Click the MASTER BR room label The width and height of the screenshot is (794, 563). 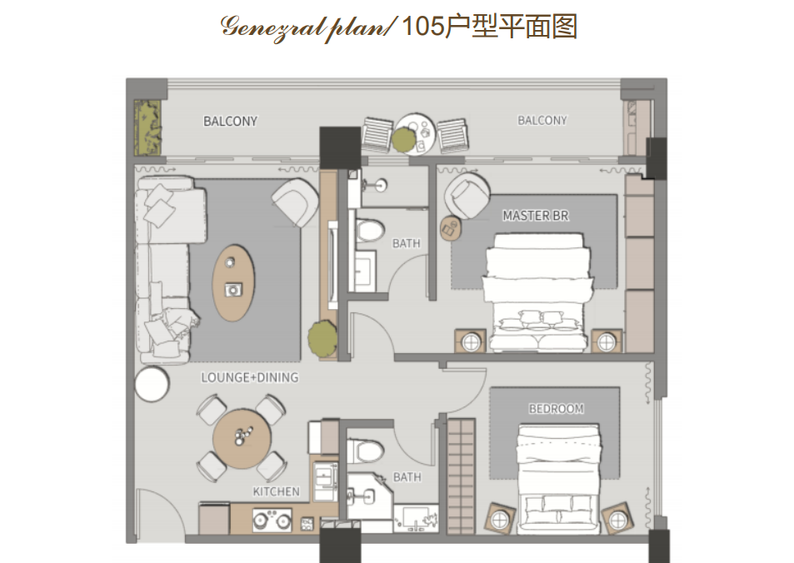(x=535, y=216)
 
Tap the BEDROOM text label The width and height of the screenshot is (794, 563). (x=556, y=409)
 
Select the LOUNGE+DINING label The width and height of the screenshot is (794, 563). (x=250, y=377)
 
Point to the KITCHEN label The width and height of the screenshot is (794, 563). (x=276, y=491)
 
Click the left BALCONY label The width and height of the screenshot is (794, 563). (x=231, y=122)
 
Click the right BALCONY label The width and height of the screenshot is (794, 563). (x=542, y=121)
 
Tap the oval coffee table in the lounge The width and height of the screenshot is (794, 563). (x=233, y=283)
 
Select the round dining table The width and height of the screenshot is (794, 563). (x=242, y=438)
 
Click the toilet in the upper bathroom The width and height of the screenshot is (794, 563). (x=370, y=232)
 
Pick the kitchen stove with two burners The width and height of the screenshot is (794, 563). (x=272, y=520)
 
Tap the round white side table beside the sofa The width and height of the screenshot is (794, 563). (x=152, y=384)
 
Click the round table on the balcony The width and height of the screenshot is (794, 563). (x=415, y=133)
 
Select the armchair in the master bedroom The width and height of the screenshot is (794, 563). (x=467, y=196)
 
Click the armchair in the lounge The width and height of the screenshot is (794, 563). (x=295, y=202)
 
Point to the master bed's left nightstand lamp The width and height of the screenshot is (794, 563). (x=471, y=343)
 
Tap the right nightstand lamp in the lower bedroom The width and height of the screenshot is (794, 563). (x=617, y=520)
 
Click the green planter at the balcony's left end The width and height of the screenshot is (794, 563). (x=147, y=127)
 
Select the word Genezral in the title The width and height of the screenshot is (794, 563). (x=272, y=28)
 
